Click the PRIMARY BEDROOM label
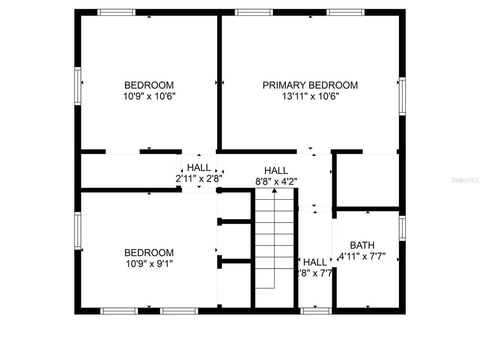click(310, 85)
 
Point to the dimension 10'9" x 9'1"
click(149, 264)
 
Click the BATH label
click(362, 245)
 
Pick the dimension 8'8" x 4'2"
click(276, 182)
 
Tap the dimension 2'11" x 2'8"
click(199, 179)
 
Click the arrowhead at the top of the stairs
click(274, 190)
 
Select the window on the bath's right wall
click(402, 228)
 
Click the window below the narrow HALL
click(316, 311)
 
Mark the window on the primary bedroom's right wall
click(402, 96)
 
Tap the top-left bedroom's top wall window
click(117, 12)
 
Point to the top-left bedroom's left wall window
click(78, 85)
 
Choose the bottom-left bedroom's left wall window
click(78, 231)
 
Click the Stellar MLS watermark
click(465, 180)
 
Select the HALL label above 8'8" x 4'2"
click(276, 171)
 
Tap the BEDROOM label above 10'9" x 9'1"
click(149, 253)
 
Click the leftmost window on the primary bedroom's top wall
click(254, 12)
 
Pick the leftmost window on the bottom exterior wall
click(119, 311)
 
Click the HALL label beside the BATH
click(315, 262)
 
